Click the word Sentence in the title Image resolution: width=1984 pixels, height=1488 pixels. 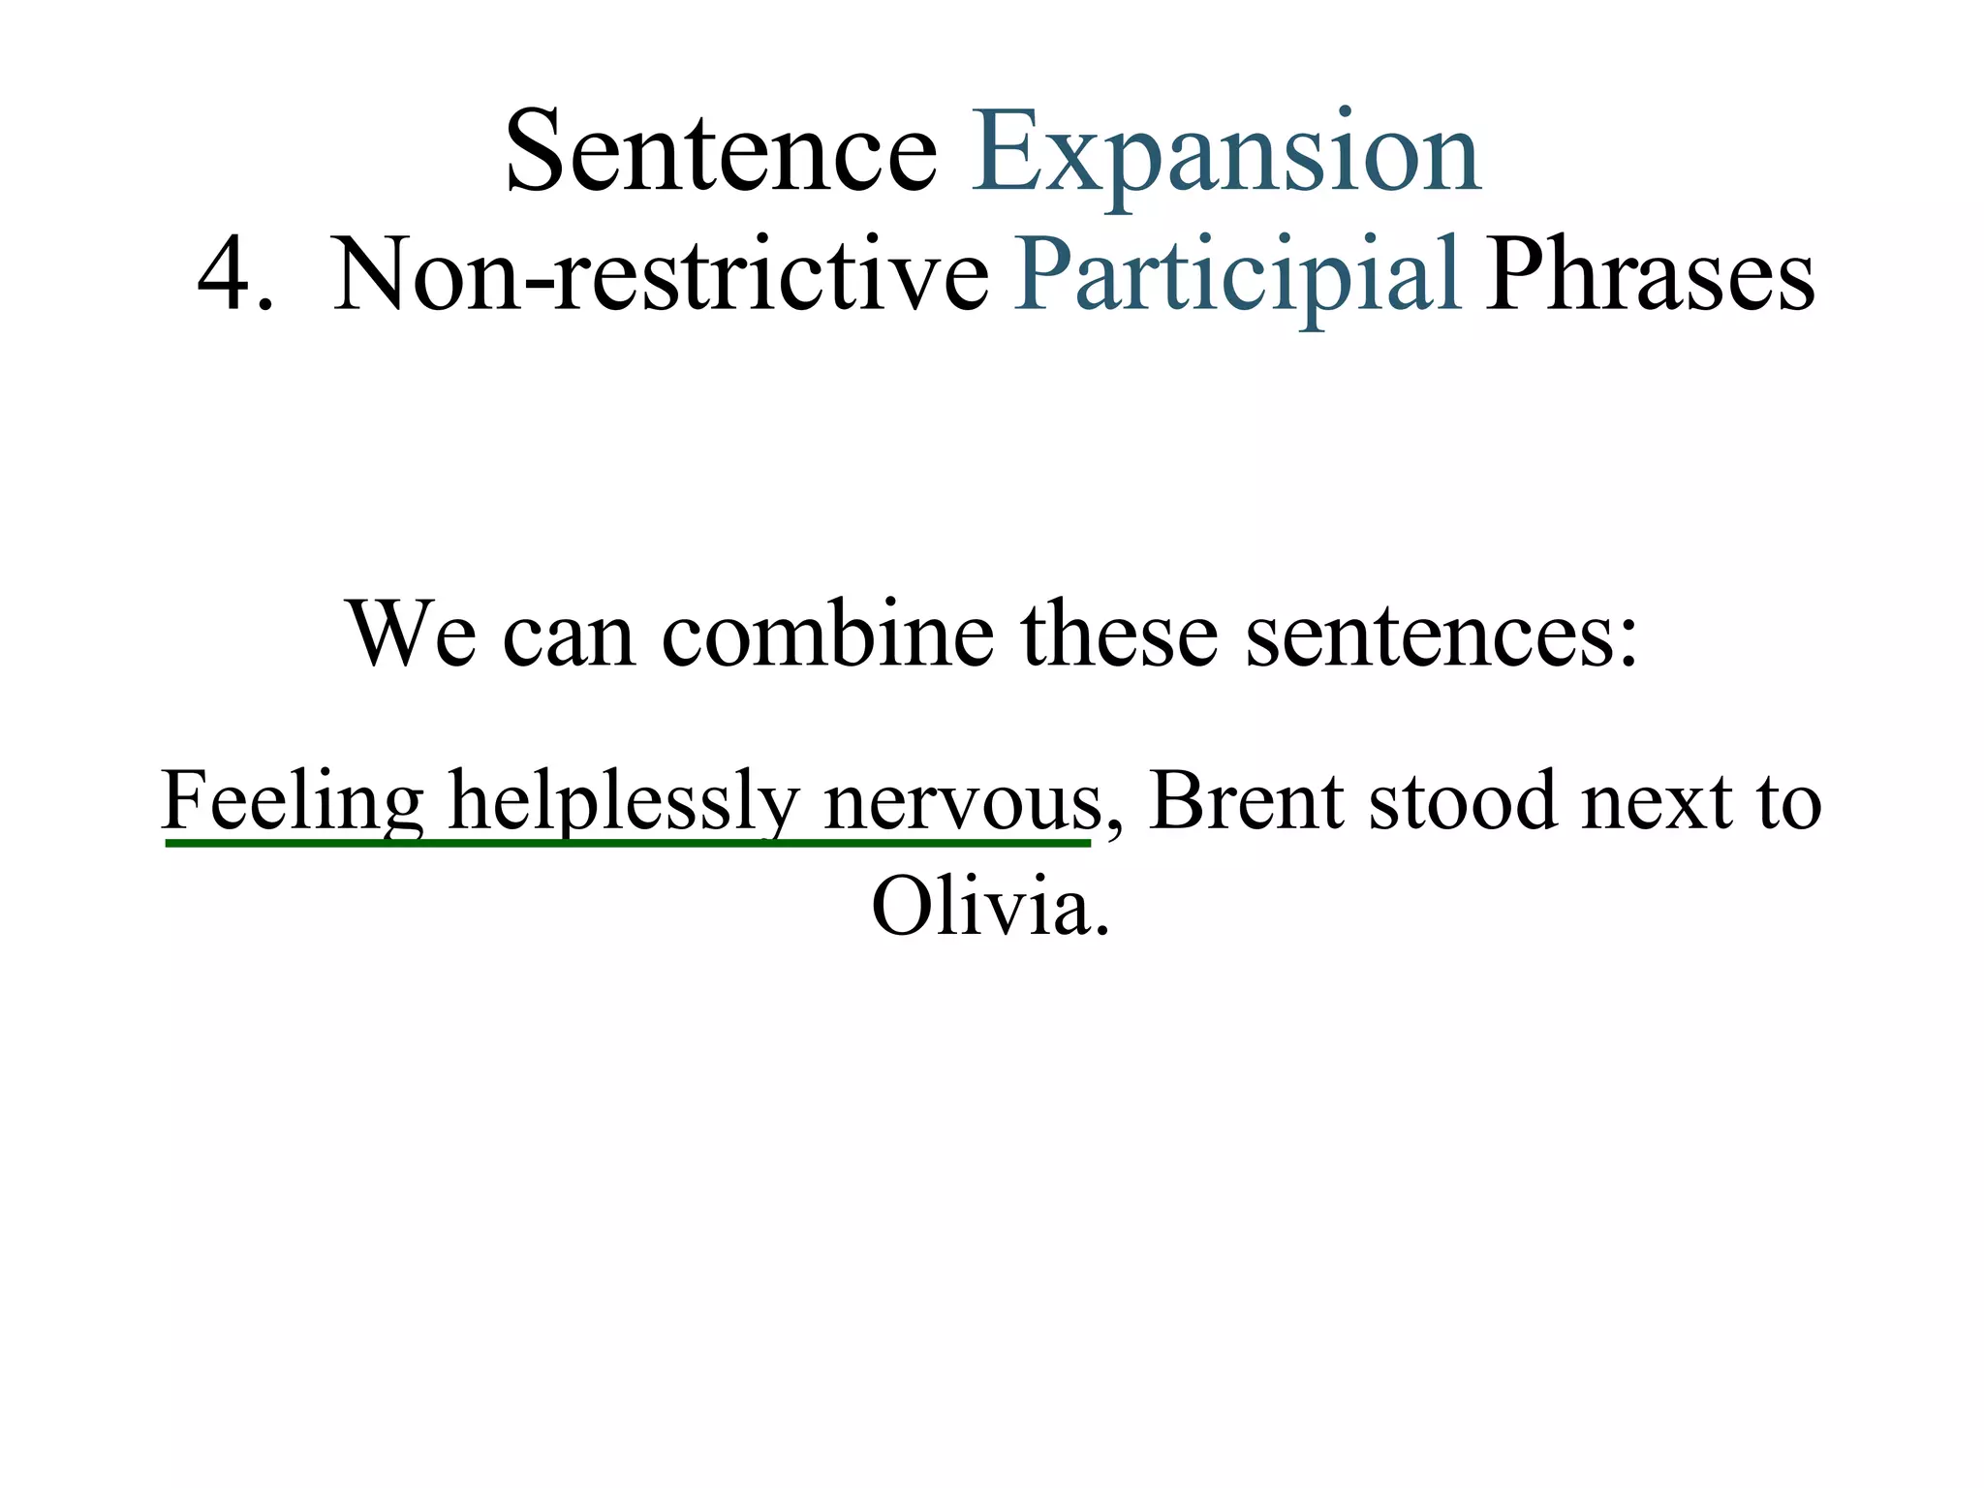pos(721,153)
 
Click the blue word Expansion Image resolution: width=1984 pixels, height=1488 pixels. pos(1225,153)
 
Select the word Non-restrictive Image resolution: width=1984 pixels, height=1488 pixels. pos(661,275)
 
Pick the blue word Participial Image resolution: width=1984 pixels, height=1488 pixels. pos(1237,275)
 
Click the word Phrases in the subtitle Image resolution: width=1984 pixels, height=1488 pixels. pos(1650,275)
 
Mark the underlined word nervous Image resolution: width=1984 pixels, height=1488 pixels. pos(962,802)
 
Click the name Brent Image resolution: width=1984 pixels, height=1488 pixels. pos(1247,800)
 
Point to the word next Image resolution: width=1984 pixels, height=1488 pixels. pos(1656,802)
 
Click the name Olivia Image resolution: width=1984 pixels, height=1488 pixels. pos(989,907)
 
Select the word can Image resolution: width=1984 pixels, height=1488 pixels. pos(569,635)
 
